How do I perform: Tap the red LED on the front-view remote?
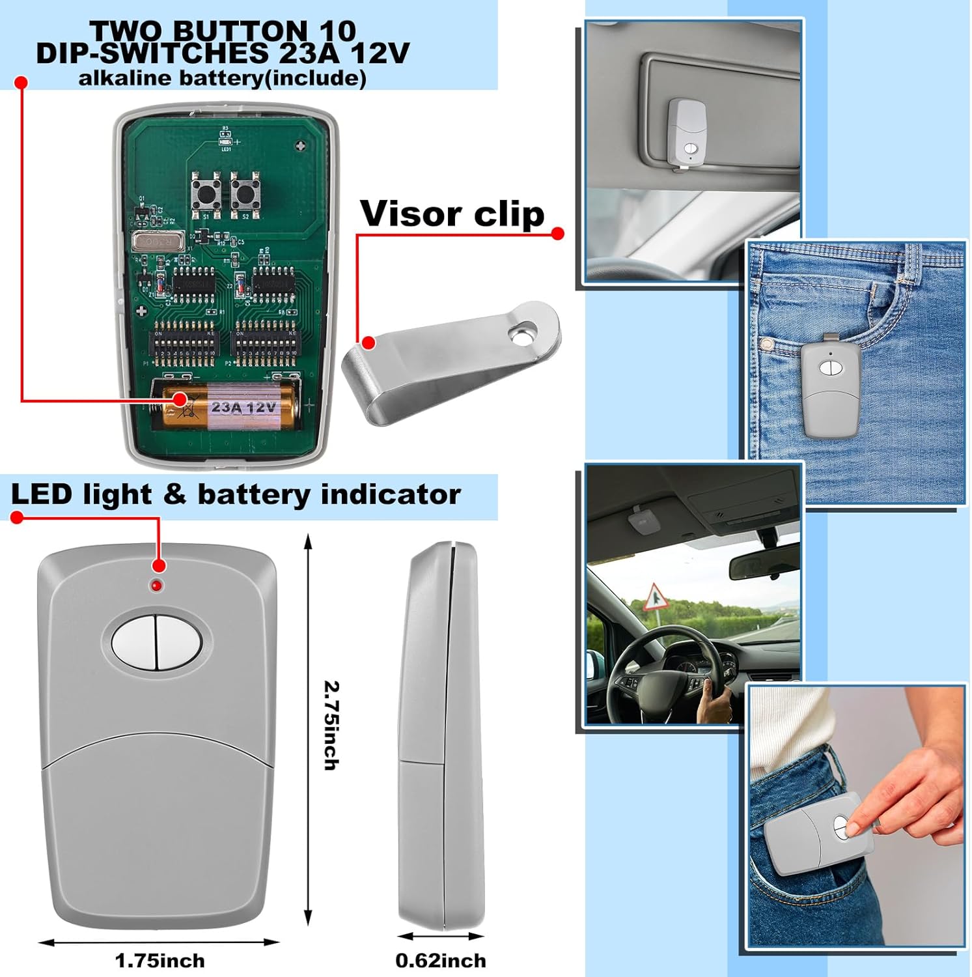156,586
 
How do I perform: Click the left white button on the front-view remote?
135,644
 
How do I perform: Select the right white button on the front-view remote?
178,644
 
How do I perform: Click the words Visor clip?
452,214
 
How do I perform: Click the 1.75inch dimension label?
160,960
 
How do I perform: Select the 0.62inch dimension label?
440,960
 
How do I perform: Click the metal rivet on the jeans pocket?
767,343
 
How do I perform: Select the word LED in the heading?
40,494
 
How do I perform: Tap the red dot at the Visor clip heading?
557,234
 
